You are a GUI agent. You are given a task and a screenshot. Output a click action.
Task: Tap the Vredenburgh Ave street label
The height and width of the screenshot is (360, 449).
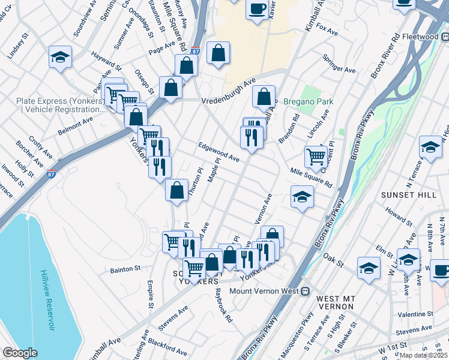229,91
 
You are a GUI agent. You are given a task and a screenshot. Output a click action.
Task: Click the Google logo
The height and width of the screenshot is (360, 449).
20,353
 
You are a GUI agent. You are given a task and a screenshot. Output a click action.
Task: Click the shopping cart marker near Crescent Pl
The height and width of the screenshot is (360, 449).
316,157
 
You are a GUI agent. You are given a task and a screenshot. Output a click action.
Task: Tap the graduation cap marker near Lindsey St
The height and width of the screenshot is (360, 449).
60,57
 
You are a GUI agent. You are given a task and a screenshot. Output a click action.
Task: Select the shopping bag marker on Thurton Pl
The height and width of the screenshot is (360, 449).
176,191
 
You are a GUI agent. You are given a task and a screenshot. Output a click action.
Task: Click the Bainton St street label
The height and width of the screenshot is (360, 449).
125,269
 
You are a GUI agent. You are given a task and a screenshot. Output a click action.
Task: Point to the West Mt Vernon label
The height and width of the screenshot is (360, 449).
335,302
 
